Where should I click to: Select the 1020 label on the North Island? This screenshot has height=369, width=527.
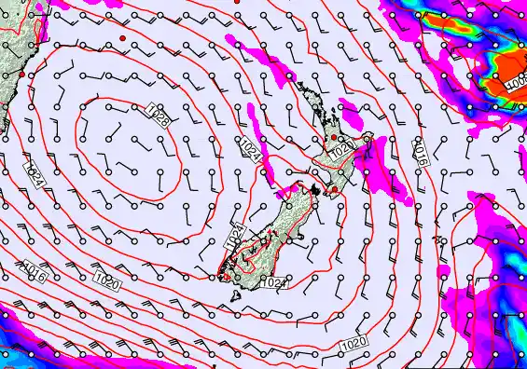[342, 149]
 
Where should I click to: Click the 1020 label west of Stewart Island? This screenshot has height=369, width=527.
[107, 282]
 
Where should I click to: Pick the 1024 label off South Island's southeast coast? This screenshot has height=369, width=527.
[273, 281]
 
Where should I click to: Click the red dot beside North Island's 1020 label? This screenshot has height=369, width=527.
[333, 138]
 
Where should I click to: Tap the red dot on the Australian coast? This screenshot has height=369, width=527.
[21, 74]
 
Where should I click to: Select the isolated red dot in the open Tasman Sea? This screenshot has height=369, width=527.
[121, 37]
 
